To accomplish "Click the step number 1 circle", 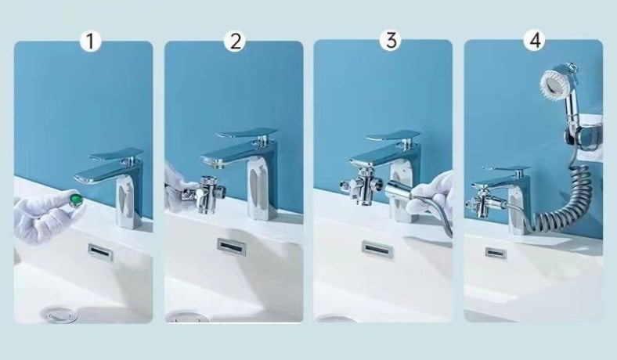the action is pos(90,41).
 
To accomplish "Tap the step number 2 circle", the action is pos(235,41).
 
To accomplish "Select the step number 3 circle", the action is pos(391,40).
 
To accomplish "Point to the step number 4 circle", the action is pos(536,40).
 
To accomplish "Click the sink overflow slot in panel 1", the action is pos(101,250).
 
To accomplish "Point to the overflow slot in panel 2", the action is pos(232,247).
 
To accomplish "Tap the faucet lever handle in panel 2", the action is pos(247,133).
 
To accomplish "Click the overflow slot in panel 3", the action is pos(377,249).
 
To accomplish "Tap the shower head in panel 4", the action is pos(559,85).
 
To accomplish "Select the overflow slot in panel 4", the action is pos(496,252).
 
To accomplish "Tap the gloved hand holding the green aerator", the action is pos(48,214).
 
